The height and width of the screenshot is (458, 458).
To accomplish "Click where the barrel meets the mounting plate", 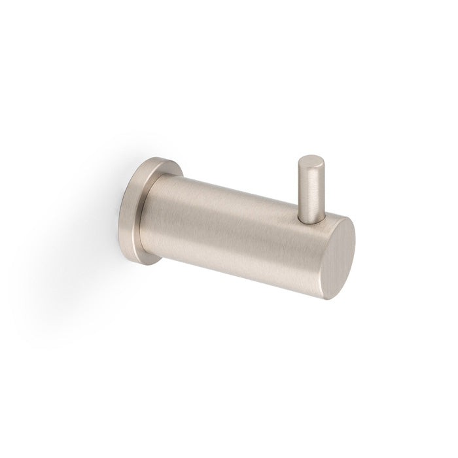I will point(155,209).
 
